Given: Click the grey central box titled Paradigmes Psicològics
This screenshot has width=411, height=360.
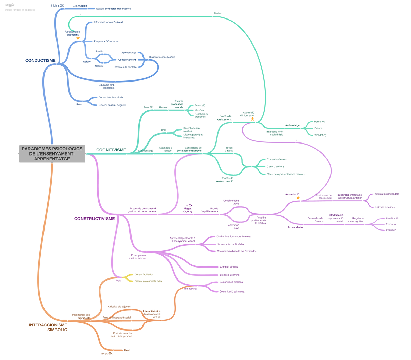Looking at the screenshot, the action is (x=52, y=154).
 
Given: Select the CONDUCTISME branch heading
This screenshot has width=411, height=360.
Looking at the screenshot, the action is (x=40, y=61).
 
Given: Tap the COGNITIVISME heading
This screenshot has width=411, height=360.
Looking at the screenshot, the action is (x=111, y=150).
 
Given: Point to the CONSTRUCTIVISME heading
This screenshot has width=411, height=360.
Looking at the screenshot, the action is (x=95, y=219).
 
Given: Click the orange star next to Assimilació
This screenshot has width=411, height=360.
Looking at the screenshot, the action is (x=298, y=198).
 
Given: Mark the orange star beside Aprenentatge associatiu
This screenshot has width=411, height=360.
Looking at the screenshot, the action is (x=78, y=38).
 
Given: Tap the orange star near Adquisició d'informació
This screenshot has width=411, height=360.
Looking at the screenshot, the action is (x=252, y=119).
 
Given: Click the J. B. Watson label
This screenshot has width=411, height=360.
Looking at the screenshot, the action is (x=80, y=6).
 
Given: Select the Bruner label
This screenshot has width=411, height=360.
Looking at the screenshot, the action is (x=163, y=107).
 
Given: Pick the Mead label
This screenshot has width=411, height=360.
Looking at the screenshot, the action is (x=127, y=350).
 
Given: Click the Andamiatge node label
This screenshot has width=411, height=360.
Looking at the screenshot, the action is (x=292, y=125).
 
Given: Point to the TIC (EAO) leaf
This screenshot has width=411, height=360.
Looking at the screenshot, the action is (x=320, y=135).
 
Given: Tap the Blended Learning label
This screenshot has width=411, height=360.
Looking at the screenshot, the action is (x=229, y=275).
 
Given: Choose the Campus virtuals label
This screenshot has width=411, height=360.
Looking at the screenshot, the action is (x=229, y=267).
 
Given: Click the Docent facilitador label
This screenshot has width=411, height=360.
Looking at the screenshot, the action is (x=144, y=274).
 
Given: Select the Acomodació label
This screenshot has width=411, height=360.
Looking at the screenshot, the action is (x=295, y=227).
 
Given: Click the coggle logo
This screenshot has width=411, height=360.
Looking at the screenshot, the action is (x=10, y=5).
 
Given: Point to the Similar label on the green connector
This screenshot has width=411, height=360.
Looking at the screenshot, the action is (x=217, y=13).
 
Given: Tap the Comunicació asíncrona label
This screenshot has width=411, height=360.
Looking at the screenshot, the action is (x=232, y=291).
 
